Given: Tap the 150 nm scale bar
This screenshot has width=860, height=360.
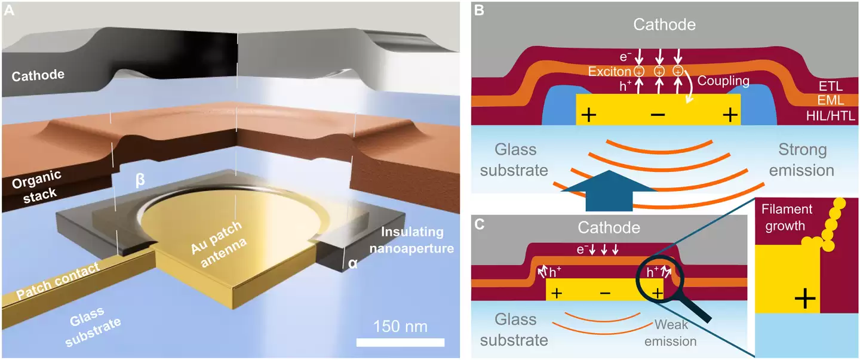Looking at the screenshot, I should point(400,342).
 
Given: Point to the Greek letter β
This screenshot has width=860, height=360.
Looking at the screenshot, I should point(140,178).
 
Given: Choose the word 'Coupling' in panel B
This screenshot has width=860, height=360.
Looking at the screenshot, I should point(723,79).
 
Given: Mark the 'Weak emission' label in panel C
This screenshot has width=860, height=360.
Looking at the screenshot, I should point(675,333).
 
